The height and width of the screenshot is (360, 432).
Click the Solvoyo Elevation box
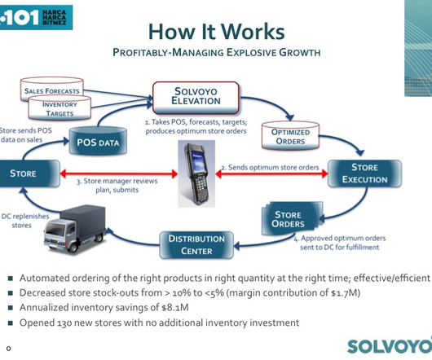196,98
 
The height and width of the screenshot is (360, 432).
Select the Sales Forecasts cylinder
52,89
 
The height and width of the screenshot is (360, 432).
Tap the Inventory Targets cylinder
60,108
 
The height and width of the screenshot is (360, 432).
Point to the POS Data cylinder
98,140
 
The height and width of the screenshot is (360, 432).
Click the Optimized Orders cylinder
290,135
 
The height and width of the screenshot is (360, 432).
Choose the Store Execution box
364,173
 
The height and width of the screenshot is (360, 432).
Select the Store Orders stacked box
292,218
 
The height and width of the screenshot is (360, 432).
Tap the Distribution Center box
196,244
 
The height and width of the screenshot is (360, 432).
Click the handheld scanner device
196,173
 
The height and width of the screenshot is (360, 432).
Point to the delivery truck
75,228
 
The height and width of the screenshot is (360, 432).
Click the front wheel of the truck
73,247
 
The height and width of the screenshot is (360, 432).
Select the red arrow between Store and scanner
119,173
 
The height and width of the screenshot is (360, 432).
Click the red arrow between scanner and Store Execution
271,173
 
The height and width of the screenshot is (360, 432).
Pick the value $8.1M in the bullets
175,307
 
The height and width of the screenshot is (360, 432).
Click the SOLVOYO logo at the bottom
390,346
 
